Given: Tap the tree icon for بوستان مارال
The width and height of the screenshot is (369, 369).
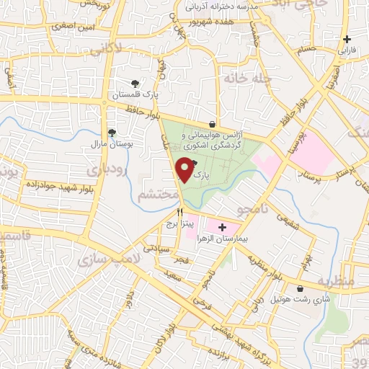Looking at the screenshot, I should point(112,132).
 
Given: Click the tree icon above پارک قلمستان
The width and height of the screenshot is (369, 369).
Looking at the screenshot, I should point(135,83).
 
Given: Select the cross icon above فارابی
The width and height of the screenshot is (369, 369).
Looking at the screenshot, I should point(347,39).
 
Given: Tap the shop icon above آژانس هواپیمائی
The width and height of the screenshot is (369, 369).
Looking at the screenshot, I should point(211,123).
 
